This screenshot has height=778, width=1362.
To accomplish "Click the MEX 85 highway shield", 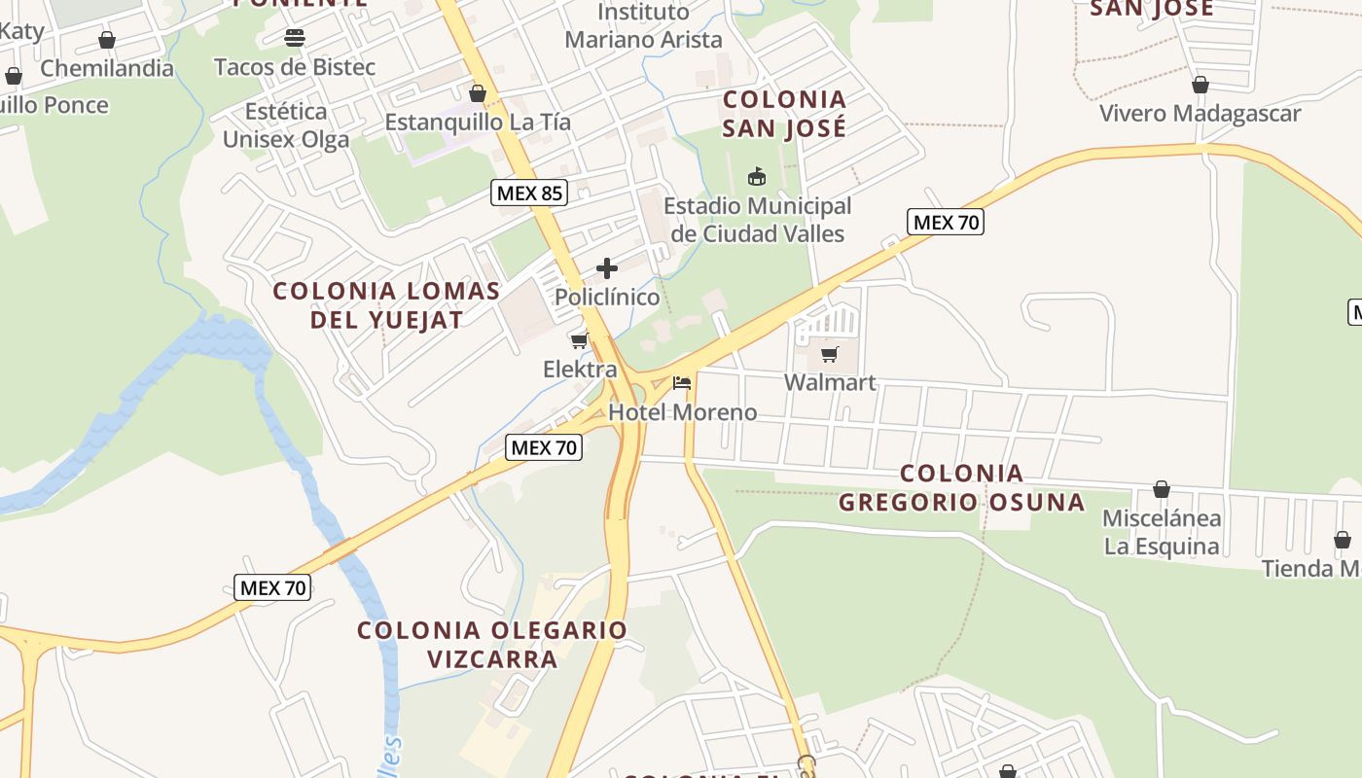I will tap(529, 193).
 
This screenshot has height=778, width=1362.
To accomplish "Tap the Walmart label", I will tap(830, 382).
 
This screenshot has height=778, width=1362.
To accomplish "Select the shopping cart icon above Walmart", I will tap(830, 355).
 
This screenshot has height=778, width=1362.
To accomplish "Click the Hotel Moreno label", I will tap(682, 412).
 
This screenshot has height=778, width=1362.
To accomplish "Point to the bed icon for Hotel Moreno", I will tap(682, 383).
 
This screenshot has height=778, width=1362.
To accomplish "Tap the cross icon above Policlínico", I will tap(607, 268).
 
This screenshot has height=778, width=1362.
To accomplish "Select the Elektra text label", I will tap(580, 370).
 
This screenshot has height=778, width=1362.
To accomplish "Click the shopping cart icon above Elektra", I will tap(580, 340).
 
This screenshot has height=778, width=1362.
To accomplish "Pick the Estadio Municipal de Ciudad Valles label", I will tap(757, 220).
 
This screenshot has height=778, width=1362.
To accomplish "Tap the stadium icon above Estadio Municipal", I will tap(756, 176).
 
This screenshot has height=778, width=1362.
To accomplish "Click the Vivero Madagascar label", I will tap(1200, 114).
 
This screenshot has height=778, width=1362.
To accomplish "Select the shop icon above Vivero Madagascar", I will tap(1201, 85).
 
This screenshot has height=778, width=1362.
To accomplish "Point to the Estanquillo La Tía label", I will tap(478, 123).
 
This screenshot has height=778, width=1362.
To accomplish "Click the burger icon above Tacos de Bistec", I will tap(295, 38).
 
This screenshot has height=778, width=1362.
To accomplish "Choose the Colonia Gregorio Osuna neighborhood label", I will tap(961, 487).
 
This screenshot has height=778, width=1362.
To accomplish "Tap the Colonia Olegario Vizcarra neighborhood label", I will tap(492, 644).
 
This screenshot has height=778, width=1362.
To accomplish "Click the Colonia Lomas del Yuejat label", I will tap(386, 304).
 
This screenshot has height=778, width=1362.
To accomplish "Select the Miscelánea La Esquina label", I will tap(1162, 532).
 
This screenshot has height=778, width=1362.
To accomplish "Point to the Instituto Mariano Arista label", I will tap(643, 26).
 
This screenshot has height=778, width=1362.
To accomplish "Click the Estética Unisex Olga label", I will tap(286, 125).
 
